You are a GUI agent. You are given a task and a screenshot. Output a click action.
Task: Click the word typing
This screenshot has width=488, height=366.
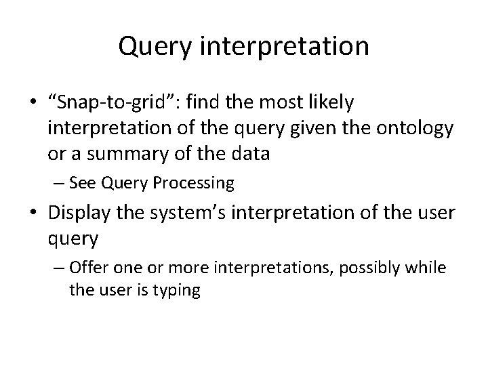[x=179, y=291]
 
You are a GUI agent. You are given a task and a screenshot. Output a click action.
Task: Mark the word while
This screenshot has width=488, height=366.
[x=428, y=268]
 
